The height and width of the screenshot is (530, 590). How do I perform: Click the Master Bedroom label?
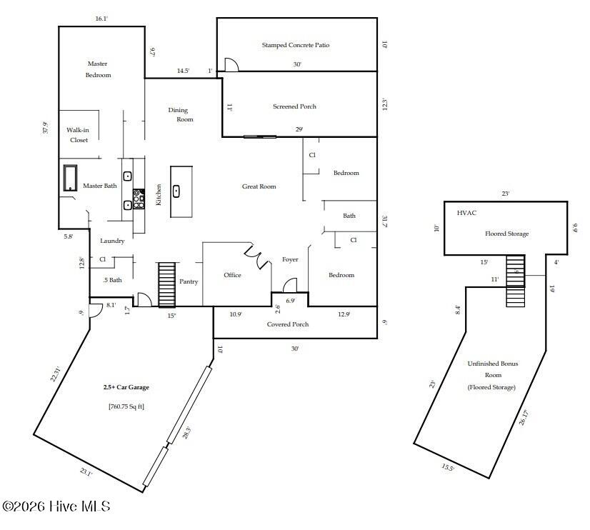pos(98,69)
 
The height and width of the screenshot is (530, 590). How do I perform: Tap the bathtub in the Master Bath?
pos(70,178)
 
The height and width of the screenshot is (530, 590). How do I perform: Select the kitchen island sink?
pos(176,191)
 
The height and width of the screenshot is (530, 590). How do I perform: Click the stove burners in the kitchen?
pos(139,197)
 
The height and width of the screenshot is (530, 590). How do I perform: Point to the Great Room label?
pos(259,186)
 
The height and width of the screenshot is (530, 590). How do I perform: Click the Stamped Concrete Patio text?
pos(295,45)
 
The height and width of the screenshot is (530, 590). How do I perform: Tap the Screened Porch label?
pos(294,106)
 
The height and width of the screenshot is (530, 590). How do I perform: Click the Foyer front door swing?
pos(291,286)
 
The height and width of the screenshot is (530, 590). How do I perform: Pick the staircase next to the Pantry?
pos(166,284)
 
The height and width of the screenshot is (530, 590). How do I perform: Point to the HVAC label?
pos(466,213)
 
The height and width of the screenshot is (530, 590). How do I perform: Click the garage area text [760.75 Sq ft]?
pos(126,406)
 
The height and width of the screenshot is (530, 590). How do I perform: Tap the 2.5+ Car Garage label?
pos(126,387)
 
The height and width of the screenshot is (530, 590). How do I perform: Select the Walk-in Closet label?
pos(78,135)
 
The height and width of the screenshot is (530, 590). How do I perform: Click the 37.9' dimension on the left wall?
pos(45,128)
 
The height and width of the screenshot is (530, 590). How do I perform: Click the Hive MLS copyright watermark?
pos(56,506)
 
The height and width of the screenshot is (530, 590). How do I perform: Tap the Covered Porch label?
pos(288,324)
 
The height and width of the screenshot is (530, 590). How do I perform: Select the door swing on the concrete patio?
pos(231,65)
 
